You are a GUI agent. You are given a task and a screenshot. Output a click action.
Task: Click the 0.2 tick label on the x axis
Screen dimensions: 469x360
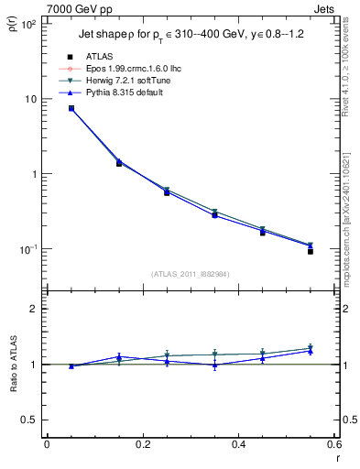143,446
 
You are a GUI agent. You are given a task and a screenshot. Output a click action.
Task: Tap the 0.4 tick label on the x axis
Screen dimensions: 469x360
238,446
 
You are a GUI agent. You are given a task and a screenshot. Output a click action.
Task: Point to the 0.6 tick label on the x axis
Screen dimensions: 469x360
333,446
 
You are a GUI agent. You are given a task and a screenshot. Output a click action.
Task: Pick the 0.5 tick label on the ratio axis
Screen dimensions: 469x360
30,420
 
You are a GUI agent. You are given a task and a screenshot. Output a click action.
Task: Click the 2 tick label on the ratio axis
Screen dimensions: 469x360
35,309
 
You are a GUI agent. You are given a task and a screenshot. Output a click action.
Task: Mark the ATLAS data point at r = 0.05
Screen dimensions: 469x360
71,108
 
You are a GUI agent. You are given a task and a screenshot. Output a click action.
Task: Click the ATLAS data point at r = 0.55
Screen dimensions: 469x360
311,251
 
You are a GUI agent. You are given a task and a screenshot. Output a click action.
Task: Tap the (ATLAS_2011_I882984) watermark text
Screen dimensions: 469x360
191,274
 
